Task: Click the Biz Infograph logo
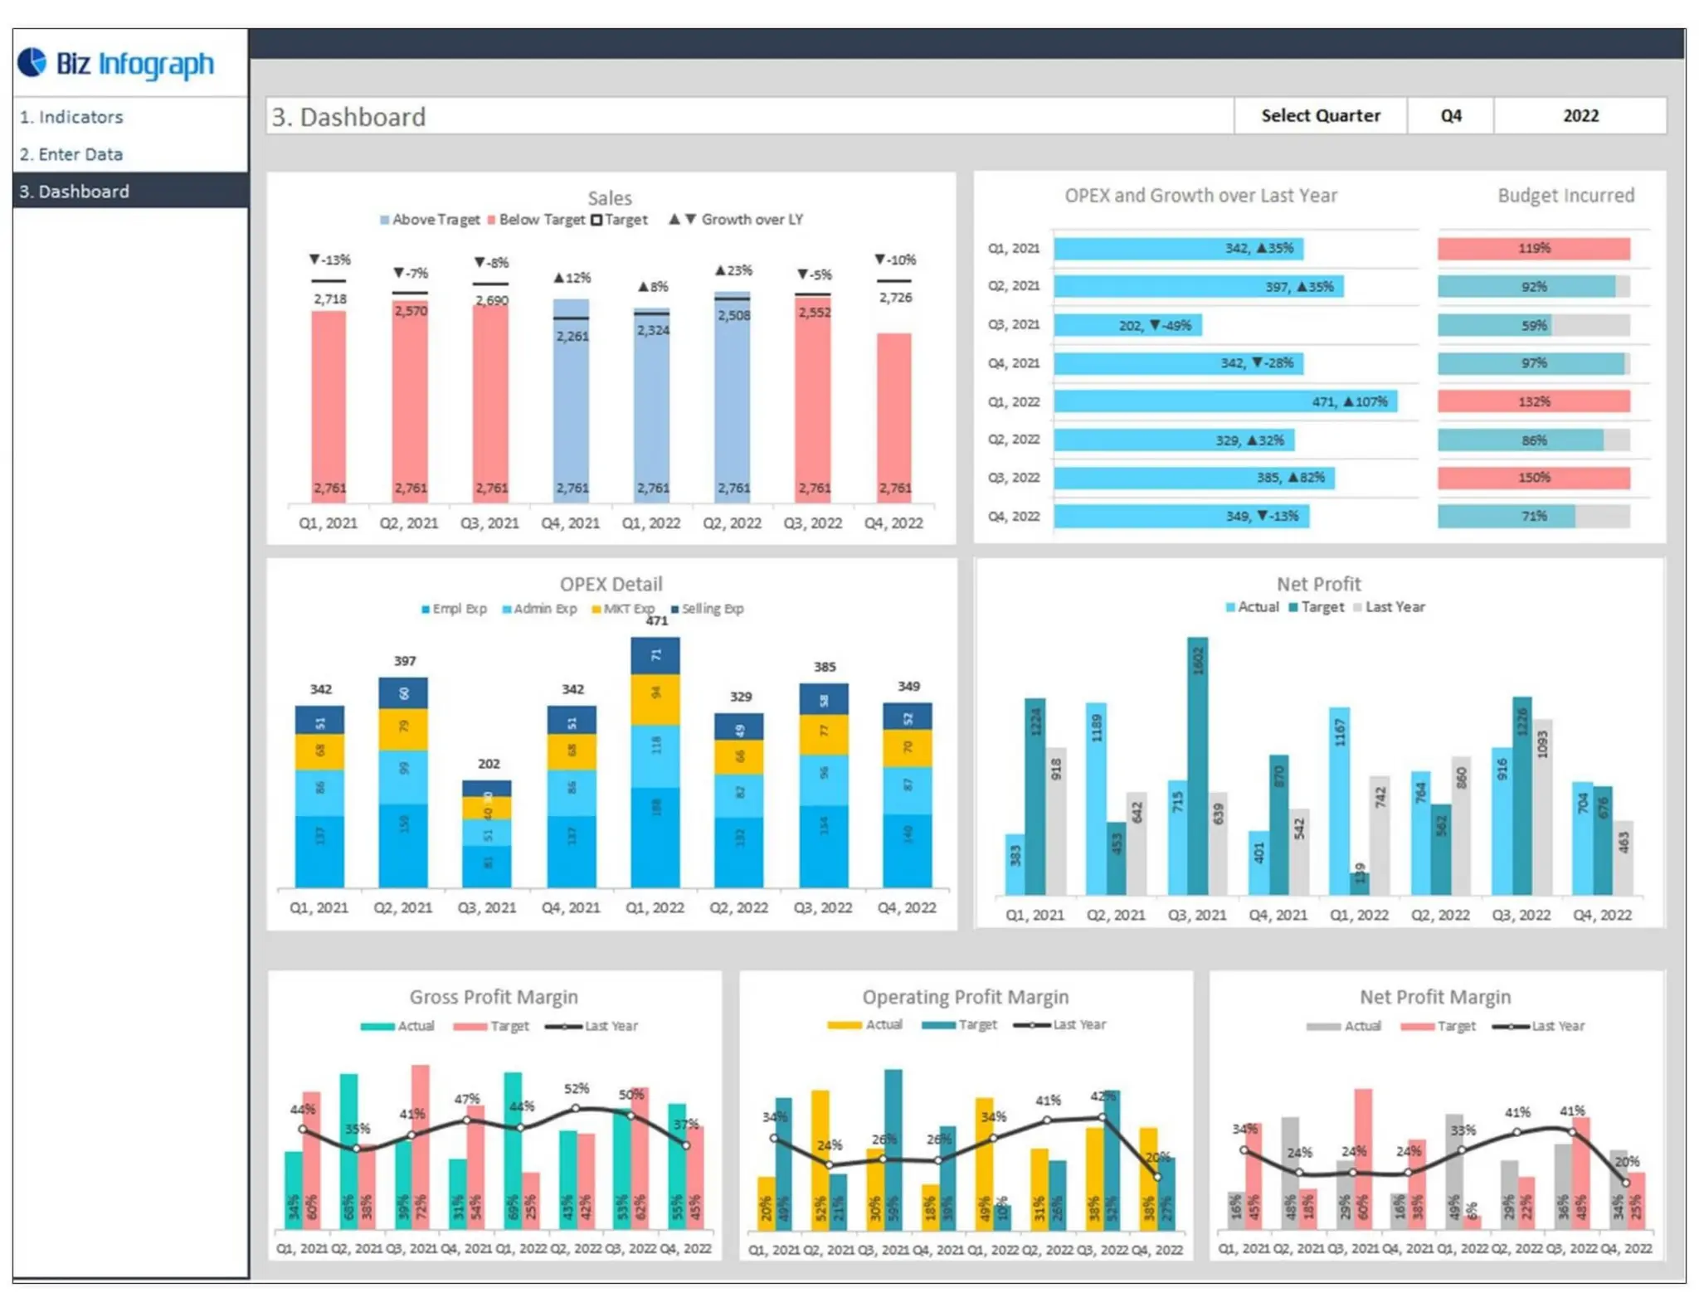tap(116, 63)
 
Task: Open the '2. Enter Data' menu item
tap(71, 154)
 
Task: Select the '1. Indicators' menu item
tap(71, 117)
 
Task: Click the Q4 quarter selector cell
tap(1450, 116)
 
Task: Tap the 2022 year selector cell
tap(1580, 116)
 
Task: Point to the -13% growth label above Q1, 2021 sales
tap(330, 260)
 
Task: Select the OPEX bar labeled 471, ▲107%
tap(1224, 401)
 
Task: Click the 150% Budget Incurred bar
tap(1533, 478)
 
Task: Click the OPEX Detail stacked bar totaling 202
tap(487, 833)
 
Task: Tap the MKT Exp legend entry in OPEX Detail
tap(623, 609)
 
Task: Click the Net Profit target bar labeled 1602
tap(1197, 763)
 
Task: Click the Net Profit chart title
tap(1318, 584)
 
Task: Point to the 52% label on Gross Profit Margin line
tap(577, 1088)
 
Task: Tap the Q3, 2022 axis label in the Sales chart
tap(812, 523)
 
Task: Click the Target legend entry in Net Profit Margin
tap(1439, 1027)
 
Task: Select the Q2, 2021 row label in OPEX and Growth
tap(1013, 286)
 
